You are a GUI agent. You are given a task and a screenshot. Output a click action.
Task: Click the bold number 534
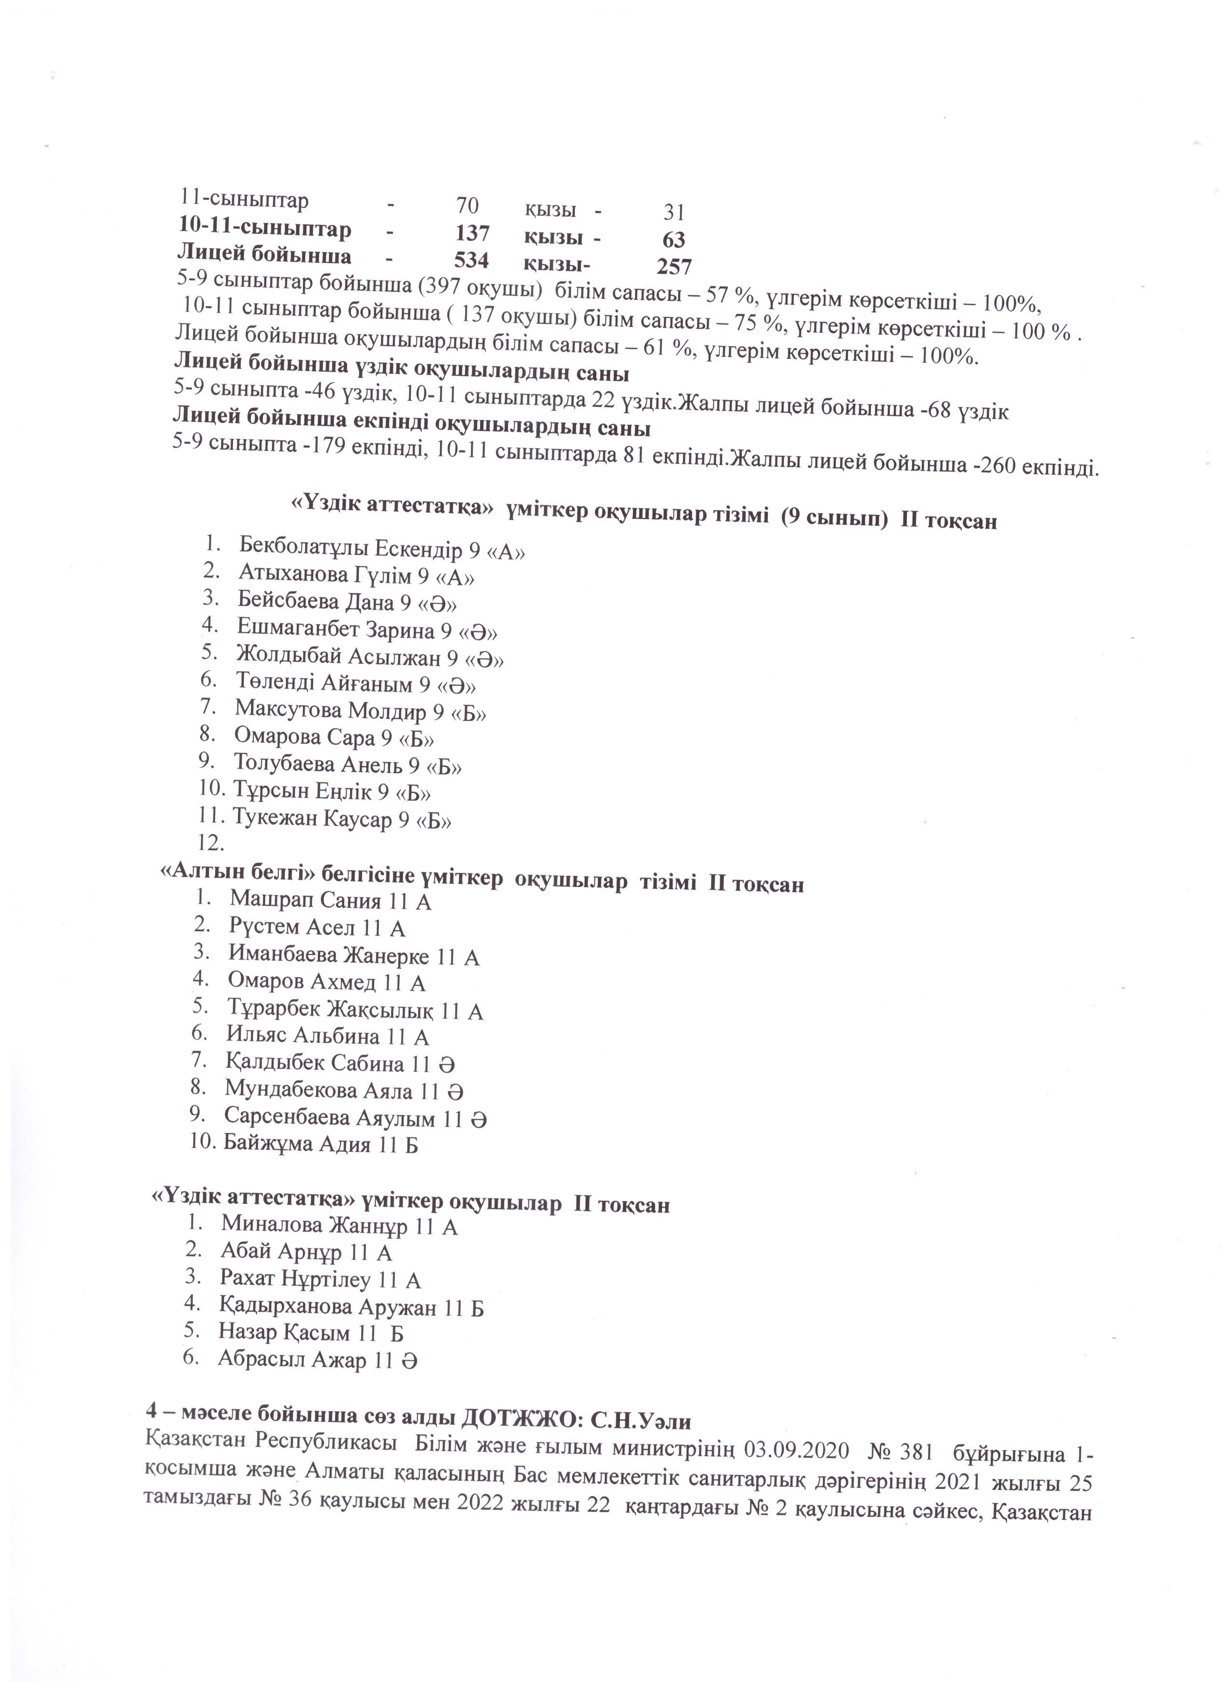pyautogui.click(x=471, y=260)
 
